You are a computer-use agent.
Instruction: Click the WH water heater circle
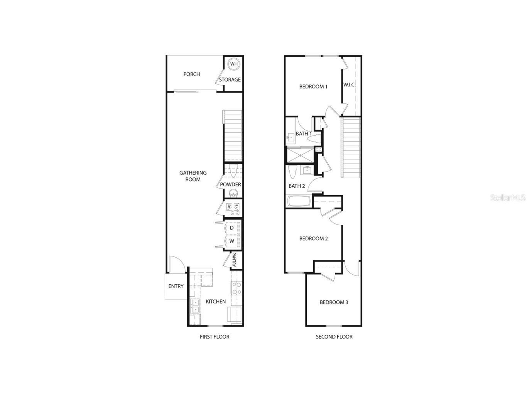233,64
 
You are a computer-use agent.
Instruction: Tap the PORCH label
192,74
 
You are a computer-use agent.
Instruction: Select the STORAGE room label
230,80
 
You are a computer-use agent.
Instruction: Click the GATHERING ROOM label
193,176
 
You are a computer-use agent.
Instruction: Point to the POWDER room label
230,184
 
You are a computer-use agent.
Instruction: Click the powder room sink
233,193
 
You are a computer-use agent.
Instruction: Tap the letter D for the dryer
232,228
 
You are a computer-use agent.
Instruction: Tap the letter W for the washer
232,241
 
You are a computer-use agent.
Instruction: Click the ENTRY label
176,286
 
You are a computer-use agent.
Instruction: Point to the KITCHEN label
216,301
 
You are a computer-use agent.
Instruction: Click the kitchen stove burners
236,289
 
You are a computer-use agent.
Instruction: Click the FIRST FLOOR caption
215,337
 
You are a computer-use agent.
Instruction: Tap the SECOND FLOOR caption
334,337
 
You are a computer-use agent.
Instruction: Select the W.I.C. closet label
350,85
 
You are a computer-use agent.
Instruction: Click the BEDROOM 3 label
334,302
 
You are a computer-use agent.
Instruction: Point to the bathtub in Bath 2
299,201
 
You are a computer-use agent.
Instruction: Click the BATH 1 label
304,133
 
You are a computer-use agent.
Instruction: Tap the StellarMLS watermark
508,198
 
